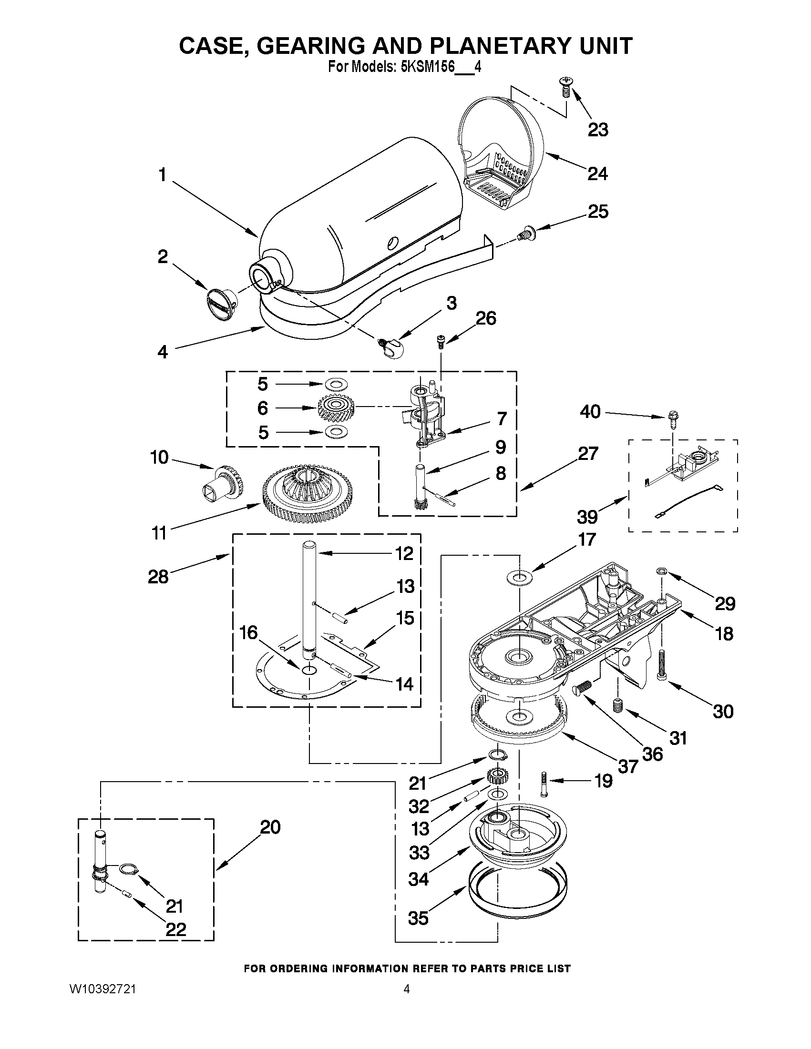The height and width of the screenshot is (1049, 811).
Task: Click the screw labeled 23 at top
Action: (565, 89)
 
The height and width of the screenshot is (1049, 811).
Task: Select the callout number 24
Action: (598, 173)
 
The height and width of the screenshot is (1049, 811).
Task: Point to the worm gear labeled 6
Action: (336, 408)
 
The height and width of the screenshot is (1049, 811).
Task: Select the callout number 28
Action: (158, 576)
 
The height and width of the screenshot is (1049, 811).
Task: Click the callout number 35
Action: (418, 918)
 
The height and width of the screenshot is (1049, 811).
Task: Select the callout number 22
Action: (175, 930)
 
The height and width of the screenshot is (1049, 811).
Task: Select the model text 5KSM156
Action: (427, 67)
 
